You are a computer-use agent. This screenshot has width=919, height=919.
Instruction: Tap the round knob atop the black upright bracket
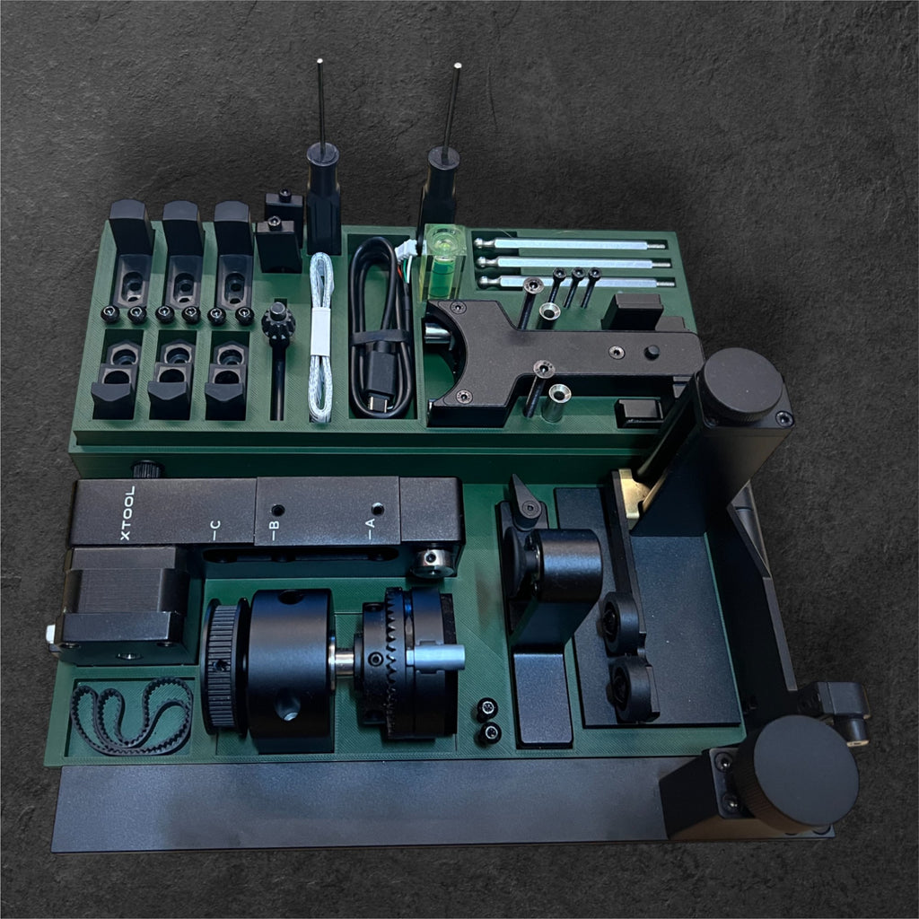pos(741,385)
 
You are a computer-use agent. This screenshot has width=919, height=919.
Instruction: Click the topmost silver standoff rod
pos(571,243)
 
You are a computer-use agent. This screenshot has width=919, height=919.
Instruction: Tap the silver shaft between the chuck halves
pos(345,661)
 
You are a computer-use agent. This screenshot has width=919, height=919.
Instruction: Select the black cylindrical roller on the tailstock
pos(568,565)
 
